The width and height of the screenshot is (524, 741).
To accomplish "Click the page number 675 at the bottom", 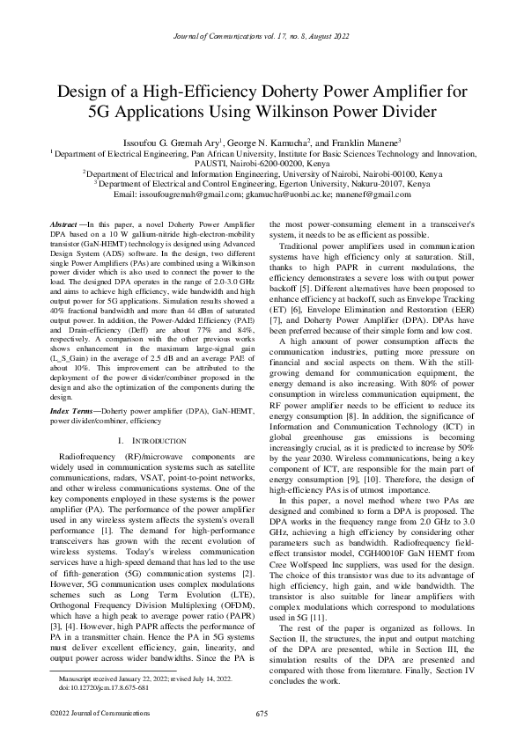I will (262, 713).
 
